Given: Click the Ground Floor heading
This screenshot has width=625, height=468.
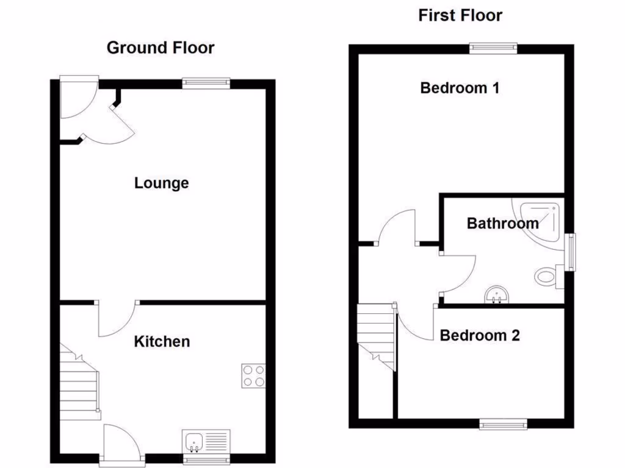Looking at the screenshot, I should point(161,48).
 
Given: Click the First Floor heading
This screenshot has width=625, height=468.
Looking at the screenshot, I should point(460,15).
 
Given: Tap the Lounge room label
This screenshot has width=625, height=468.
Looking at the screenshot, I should point(161,183).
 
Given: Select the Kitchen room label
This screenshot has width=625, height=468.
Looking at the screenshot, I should point(162,341).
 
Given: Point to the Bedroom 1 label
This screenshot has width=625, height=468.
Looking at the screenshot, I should point(460,88).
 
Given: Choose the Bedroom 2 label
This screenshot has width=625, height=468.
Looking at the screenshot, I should point(480,335).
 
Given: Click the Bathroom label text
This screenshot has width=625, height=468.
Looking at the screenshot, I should point(502,223).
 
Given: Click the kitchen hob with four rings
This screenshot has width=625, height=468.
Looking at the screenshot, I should point(254,375).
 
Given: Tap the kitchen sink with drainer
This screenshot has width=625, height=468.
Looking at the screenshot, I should point(206,441).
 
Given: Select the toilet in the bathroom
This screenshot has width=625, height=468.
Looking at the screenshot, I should point(549,276).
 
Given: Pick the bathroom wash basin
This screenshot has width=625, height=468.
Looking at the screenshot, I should point(497,296).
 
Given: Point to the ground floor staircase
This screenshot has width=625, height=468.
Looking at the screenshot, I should point(79,384).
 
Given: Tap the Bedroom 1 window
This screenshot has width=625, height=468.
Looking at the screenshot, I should point(493,48).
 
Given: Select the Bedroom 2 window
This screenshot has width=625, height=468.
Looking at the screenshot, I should point(503,424).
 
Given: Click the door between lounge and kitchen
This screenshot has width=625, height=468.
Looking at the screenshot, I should point(117,318).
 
